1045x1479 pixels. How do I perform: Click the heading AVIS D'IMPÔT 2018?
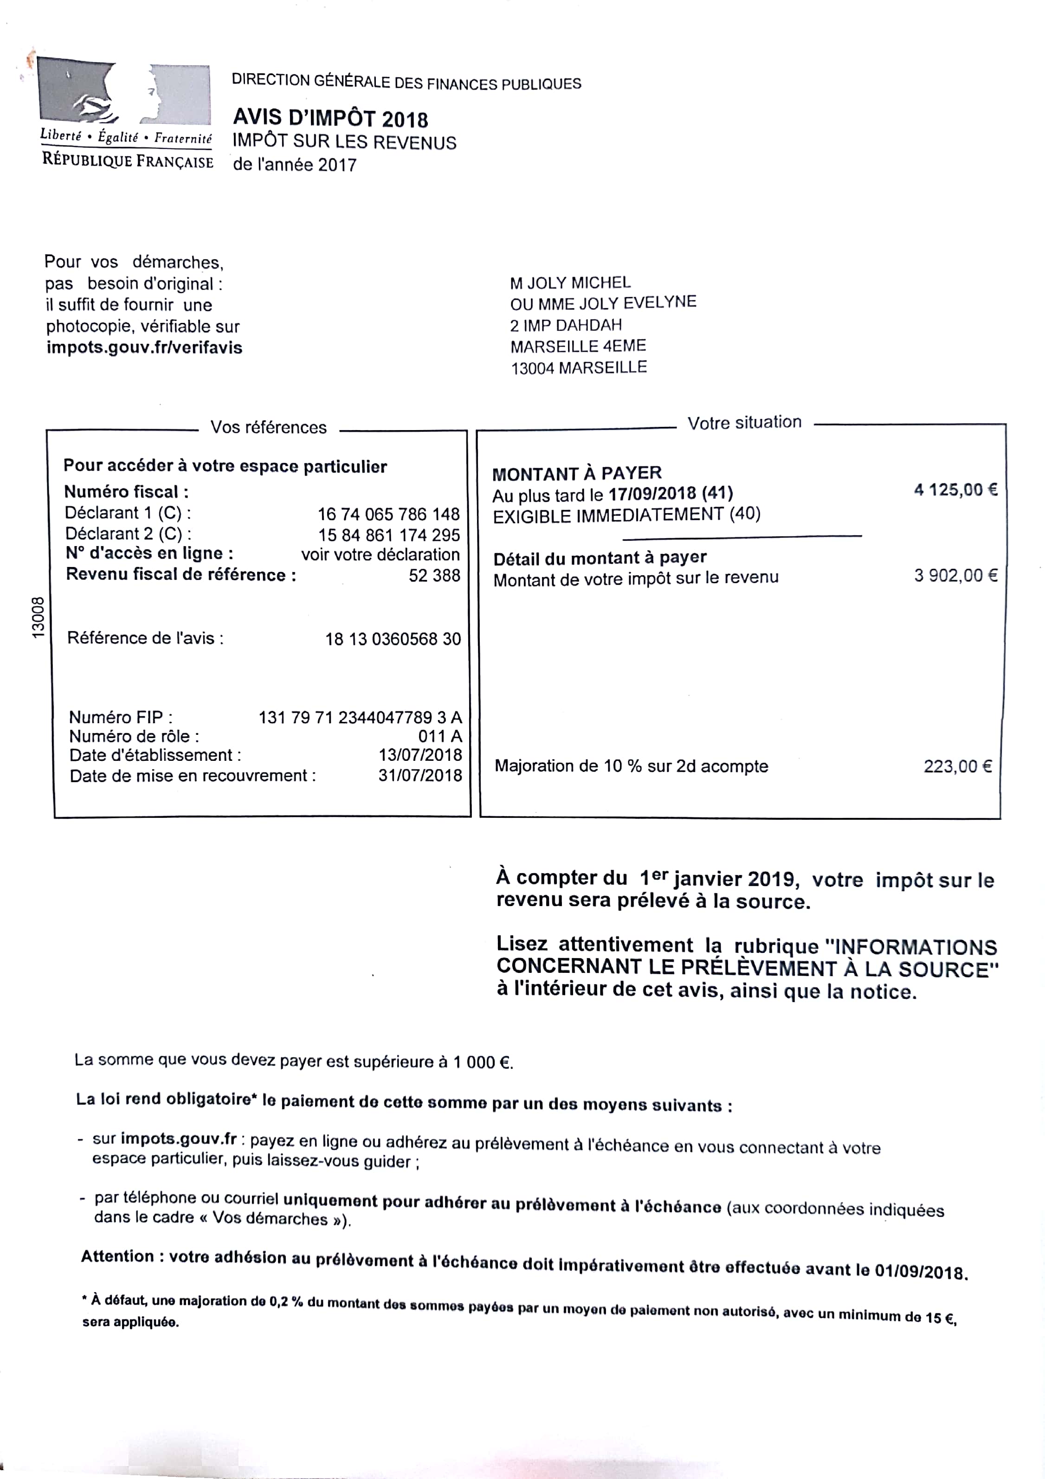point(330,118)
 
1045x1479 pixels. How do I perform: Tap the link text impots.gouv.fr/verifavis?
point(144,348)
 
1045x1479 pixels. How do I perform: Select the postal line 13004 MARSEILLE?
point(579,368)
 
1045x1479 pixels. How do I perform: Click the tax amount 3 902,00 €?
point(955,575)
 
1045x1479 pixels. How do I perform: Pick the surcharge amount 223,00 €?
point(957,766)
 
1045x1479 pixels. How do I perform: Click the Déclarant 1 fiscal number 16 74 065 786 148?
point(388,514)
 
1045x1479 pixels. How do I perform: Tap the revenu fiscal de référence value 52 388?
point(434,575)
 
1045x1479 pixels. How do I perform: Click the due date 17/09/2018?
point(652,494)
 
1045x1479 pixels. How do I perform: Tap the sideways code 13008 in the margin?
point(38,618)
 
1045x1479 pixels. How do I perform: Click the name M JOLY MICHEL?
point(570,283)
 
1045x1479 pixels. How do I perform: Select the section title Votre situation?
point(744,423)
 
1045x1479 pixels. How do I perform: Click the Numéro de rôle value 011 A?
point(440,736)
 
